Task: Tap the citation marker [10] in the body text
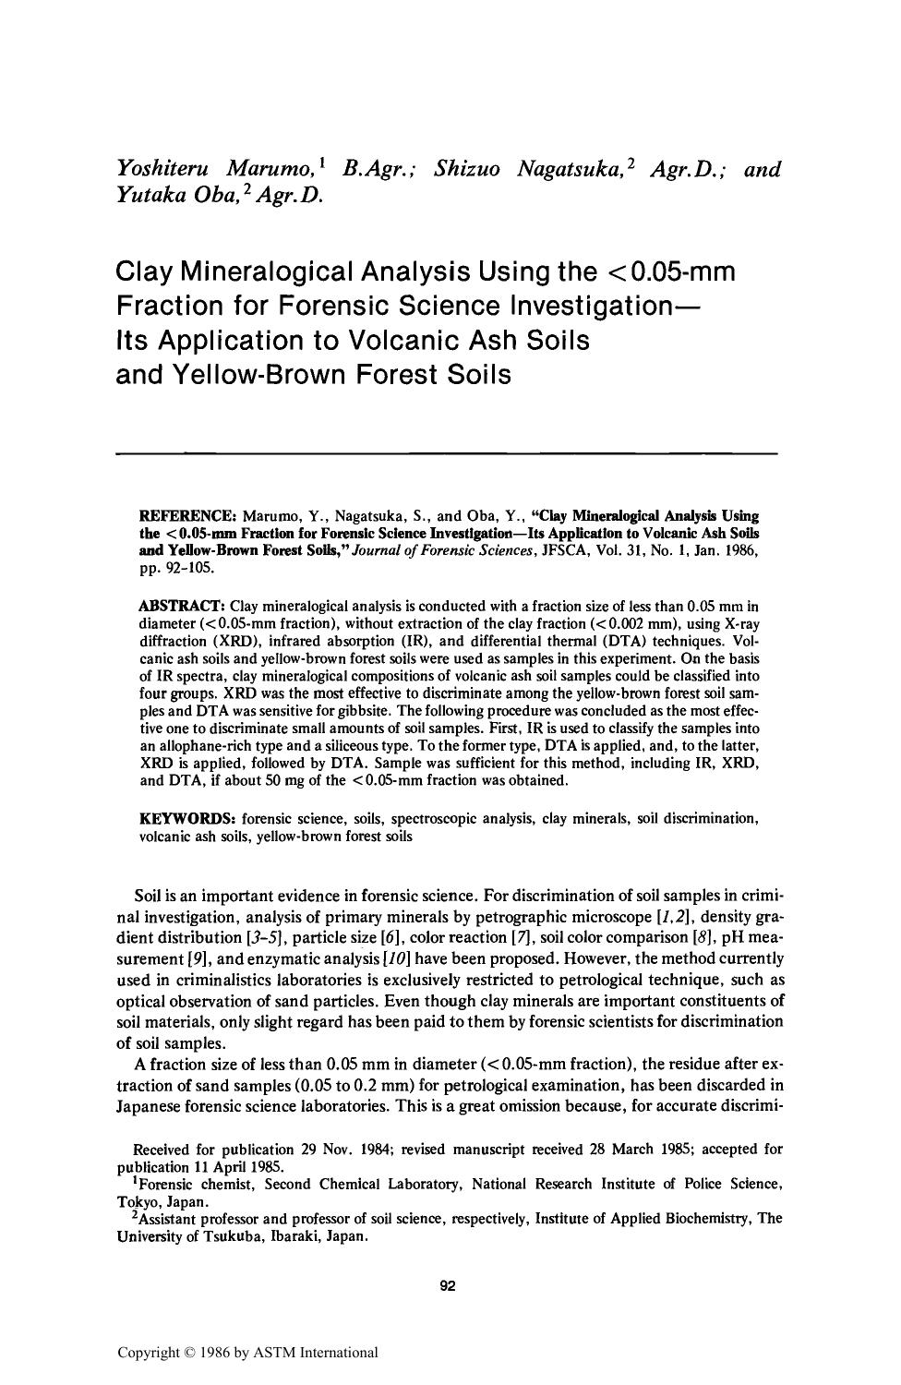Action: pyautogui.click(x=402, y=959)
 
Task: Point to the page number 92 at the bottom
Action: pyautogui.click(x=449, y=1285)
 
